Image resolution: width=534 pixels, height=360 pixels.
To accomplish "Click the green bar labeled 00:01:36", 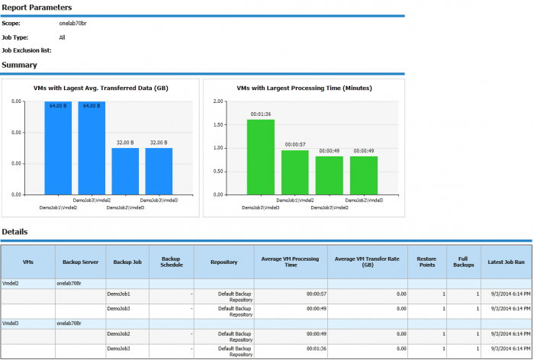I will click(x=261, y=156).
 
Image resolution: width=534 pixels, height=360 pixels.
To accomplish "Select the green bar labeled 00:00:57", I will click(x=295, y=172).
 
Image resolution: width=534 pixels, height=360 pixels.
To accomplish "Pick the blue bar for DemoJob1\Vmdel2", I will click(x=58, y=148).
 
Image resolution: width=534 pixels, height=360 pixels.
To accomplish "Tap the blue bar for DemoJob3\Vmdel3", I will click(x=159, y=171).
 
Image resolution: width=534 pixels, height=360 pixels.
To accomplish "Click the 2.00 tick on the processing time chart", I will click(x=217, y=101).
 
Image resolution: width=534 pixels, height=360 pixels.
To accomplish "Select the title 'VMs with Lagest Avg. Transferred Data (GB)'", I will click(x=101, y=88).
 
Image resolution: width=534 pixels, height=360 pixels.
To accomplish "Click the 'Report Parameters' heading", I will click(x=36, y=6).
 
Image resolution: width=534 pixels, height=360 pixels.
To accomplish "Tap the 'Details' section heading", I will click(x=14, y=231).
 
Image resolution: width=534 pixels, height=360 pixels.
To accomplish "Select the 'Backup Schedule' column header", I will click(x=170, y=262).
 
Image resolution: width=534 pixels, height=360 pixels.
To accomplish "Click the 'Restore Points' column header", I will click(x=426, y=262).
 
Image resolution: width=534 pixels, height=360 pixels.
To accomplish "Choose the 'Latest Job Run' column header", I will click(x=506, y=262).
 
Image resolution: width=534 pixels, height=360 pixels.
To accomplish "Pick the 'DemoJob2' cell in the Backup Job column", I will click(x=118, y=334).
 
